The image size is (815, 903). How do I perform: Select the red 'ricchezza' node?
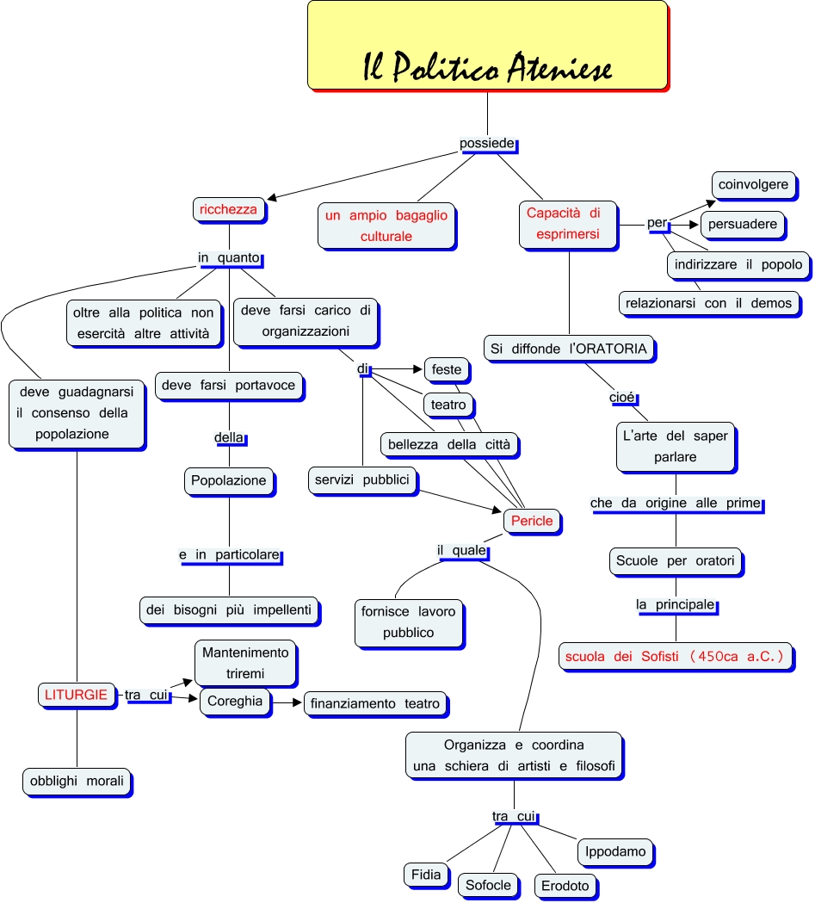click(x=228, y=209)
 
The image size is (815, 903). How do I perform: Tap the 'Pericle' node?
click(x=532, y=521)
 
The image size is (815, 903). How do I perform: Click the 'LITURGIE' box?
click(x=77, y=694)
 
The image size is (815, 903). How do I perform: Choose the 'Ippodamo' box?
click(x=615, y=851)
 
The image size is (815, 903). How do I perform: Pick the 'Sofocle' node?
click(x=488, y=884)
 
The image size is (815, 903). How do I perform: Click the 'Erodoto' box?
click(x=565, y=886)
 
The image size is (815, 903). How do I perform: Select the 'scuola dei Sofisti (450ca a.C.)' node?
click(x=675, y=657)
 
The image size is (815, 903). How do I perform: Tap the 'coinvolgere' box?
click(x=753, y=184)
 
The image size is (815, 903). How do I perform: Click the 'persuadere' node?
click(x=742, y=224)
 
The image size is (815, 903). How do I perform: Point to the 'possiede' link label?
click(x=488, y=144)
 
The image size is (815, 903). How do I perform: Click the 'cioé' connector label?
click(x=622, y=397)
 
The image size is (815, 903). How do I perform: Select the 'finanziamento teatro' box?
click(x=376, y=703)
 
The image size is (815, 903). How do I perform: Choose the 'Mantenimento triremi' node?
click(x=245, y=662)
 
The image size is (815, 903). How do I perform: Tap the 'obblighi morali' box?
click(x=77, y=782)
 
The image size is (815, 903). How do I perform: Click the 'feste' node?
click(x=447, y=369)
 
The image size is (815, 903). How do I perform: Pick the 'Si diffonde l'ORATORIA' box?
click(x=568, y=349)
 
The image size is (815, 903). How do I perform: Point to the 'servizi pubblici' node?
click(x=362, y=479)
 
